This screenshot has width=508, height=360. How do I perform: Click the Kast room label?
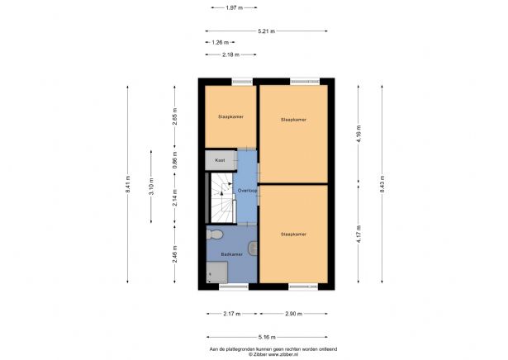[220, 159]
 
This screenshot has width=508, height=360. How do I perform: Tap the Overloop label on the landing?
[247, 191]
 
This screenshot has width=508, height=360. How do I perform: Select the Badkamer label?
[230, 254]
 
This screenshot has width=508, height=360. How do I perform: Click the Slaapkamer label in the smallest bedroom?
[230, 117]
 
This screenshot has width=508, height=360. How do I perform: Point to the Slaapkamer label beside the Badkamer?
[293, 234]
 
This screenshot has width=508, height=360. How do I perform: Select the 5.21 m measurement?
[266, 31]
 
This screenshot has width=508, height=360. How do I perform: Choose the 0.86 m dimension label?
[174, 159]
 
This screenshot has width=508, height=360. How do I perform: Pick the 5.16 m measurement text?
[267, 337]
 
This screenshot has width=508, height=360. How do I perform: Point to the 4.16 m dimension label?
[358, 140]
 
